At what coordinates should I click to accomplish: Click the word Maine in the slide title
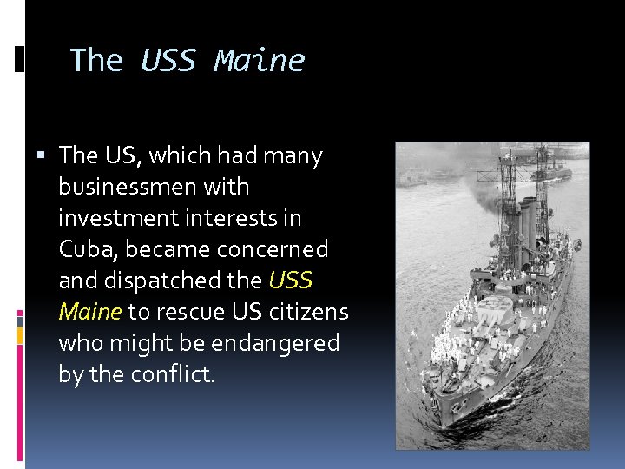pos(260,61)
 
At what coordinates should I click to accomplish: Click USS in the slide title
pos(169,61)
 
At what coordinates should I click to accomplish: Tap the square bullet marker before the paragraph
pos(46,156)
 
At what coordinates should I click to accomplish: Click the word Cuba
pos(89,249)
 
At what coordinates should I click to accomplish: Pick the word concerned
pos(272,249)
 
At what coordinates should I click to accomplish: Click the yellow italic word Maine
pos(90,312)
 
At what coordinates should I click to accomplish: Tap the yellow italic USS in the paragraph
pos(292,281)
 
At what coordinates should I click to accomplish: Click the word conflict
pos(172,374)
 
